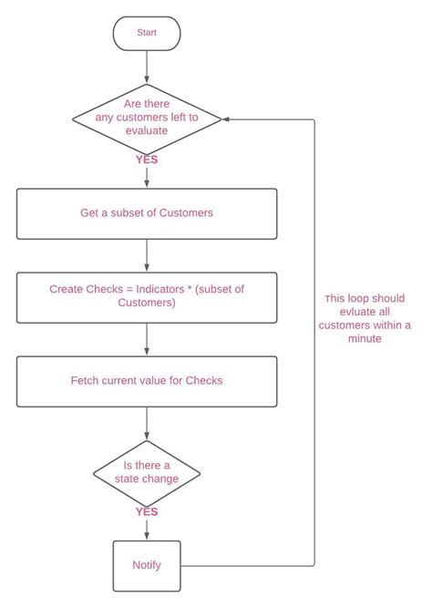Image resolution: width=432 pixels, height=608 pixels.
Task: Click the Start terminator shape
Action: [x=147, y=32]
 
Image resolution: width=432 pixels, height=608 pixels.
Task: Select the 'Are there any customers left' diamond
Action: [x=147, y=118]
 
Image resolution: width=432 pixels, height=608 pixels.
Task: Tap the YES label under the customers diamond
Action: [x=147, y=160]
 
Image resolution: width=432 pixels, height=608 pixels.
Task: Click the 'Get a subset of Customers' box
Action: [x=147, y=213]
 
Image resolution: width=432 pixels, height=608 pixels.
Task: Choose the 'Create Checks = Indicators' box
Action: [x=147, y=296]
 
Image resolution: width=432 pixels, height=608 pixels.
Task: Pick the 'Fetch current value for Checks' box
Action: [x=147, y=380]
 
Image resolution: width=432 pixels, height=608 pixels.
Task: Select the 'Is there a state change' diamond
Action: [x=147, y=472]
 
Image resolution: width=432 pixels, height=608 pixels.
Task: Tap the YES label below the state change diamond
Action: [x=147, y=511]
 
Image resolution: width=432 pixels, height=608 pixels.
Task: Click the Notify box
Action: [x=147, y=565]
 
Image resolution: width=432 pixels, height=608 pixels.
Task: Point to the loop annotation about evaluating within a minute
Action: [x=365, y=318]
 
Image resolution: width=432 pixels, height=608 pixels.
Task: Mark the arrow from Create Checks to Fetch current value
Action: [x=147, y=338]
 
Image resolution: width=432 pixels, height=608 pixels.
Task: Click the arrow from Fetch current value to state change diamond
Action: [x=147, y=424]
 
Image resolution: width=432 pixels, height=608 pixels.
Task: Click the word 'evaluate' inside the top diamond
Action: [x=147, y=130]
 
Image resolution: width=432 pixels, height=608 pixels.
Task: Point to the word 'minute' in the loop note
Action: [x=365, y=338]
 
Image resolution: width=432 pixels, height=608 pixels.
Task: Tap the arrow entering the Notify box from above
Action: [x=147, y=531]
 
